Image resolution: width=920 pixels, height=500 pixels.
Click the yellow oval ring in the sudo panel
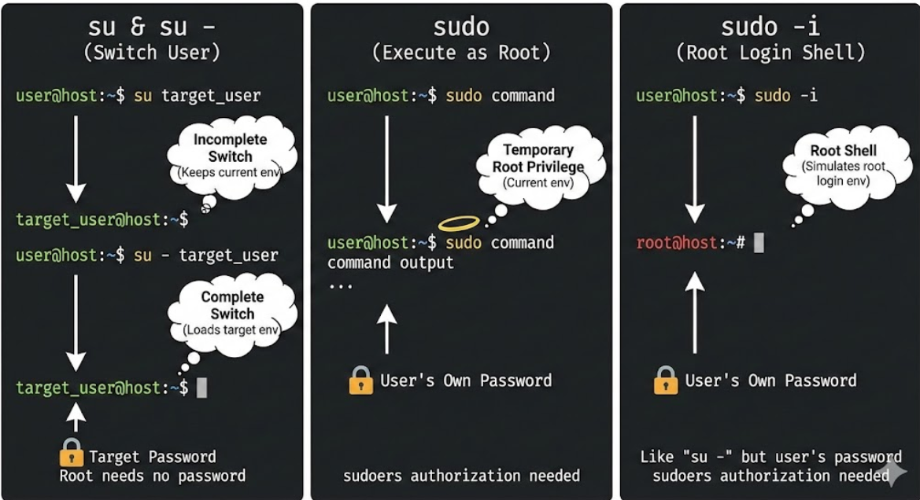click(x=460, y=223)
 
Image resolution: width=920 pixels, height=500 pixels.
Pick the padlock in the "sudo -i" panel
click(x=665, y=381)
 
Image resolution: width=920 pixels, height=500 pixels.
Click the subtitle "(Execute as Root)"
click(x=460, y=53)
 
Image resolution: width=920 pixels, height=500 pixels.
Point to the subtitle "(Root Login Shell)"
click(x=770, y=53)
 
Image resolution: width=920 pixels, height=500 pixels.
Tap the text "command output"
click(x=390, y=263)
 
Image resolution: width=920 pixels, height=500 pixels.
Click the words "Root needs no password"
click(x=153, y=476)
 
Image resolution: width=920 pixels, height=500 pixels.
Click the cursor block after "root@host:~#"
click(x=759, y=242)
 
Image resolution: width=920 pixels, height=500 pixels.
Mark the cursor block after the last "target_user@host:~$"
click(x=201, y=387)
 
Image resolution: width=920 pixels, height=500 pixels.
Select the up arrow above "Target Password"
click(x=76, y=417)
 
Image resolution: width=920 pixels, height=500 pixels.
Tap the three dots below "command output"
click(x=340, y=285)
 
